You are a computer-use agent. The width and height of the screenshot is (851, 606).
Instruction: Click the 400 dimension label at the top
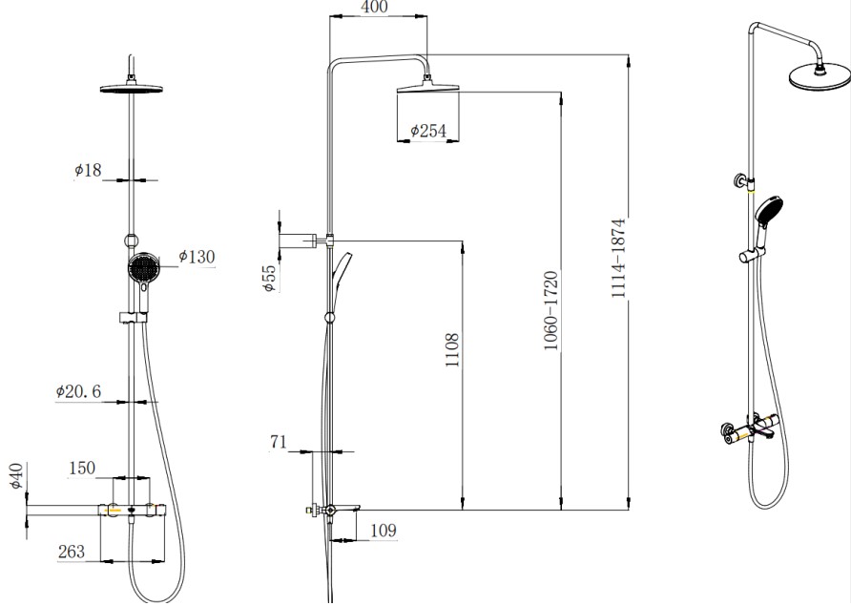pos(374,7)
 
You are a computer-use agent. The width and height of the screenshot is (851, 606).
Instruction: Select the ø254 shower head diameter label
pos(428,131)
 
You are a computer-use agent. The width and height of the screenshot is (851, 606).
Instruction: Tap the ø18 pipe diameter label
pos(88,170)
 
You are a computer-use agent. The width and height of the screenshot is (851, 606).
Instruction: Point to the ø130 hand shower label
pos(197,257)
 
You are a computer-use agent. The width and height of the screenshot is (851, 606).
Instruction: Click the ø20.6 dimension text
pos(78,391)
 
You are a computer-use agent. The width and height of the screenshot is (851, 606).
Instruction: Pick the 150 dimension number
pos(82,468)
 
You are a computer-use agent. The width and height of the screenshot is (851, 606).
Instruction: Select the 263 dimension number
pos(72,552)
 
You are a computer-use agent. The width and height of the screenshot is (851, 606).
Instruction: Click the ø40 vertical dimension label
pos(17,475)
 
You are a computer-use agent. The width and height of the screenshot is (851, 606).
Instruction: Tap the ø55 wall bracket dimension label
pos(270,278)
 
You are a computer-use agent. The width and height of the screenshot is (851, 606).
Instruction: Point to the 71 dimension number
pos(279,442)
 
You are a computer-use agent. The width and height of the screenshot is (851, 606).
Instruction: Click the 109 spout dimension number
pos(384,530)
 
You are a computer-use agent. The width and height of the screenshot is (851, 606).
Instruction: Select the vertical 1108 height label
pos(451,349)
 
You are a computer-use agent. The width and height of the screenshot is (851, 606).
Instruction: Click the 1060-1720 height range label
pos(550,310)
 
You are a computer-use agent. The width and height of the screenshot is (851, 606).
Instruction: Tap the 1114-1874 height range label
pos(618,258)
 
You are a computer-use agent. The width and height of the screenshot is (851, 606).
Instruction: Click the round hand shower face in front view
pos(143,268)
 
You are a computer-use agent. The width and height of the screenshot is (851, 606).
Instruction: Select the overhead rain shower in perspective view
pos(820,76)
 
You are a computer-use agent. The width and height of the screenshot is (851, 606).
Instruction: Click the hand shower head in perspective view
pos(769,211)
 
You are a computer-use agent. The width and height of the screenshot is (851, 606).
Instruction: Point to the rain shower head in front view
pos(132,88)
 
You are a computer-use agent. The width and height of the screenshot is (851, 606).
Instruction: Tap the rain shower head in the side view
pos(428,87)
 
